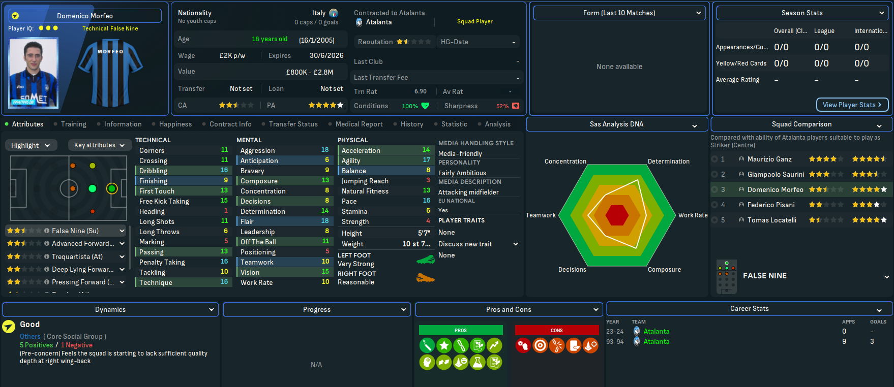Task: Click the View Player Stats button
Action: (852, 105)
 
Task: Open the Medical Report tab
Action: (359, 124)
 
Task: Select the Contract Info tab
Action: (230, 124)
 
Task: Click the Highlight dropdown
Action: (31, 145)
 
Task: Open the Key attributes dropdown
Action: (99, 145)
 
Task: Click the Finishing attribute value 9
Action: (226, 181)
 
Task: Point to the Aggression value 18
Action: (325, 150)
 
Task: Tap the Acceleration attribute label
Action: (361, 150)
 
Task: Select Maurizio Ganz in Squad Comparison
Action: (769, 159)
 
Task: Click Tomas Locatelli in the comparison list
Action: (771, 220)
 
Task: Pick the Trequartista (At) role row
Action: (77, 256)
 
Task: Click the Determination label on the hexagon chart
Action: (668, 162)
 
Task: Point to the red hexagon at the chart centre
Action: (617, 215)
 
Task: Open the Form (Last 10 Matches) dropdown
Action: (619, 13)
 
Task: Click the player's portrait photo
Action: (34, 73)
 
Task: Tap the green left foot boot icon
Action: (425, 260)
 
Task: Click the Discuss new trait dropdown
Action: (478, 244)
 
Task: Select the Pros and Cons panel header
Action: (509, 309)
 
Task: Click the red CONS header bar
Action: (556, 330)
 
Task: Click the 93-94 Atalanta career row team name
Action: (656, 342)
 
